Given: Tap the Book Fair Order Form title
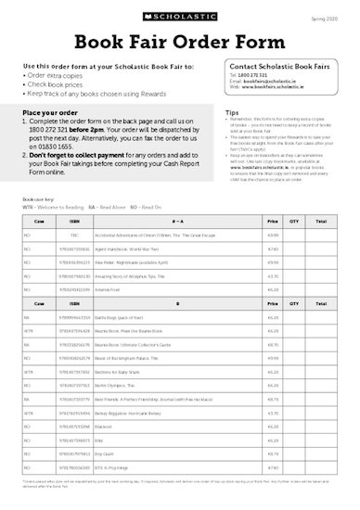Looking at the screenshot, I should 179,42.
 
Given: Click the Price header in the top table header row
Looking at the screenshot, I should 273,222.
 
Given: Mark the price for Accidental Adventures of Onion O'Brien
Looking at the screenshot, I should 273,236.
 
